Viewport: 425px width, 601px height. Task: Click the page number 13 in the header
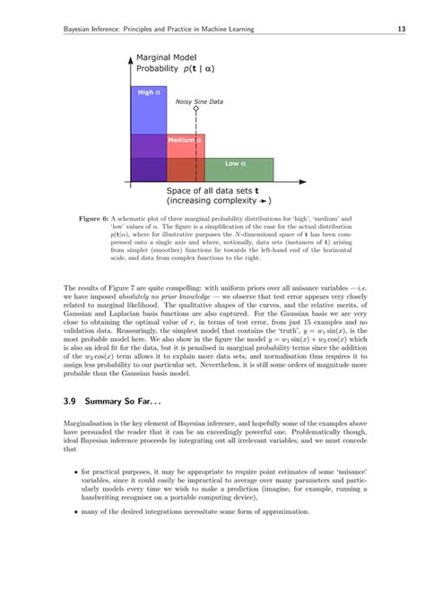click(x=403, y=30)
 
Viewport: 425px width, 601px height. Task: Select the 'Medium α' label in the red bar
click(x=185, y=140)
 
